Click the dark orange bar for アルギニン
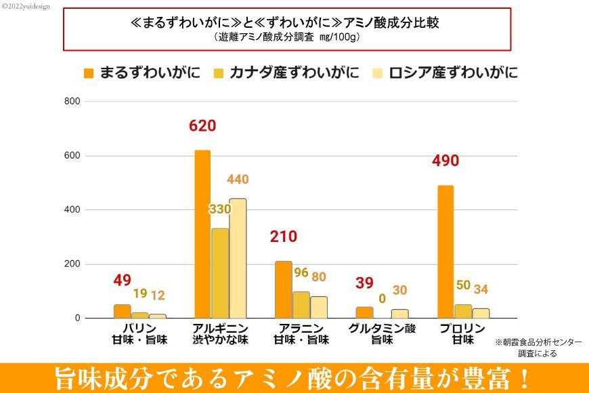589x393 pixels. click(x=202, y=234)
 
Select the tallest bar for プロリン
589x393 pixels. click(x=445, y=251)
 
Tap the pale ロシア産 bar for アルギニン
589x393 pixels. click(x=238, y=258)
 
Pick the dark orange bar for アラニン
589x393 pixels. click(x=283, y=289)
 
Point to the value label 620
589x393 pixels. click(x=202, y=126)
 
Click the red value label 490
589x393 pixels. click(x=445, y=161)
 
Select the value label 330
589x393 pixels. click(x=220, y=209)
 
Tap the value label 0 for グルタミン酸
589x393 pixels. click(x=382, y=298)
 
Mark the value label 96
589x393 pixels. click(x=301, y=273)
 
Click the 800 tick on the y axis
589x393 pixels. click(x=72, y=102)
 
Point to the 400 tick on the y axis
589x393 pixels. click(x=72, y=210)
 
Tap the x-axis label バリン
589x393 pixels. click(x=139, y=329)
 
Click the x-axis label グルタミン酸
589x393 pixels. click(x=382, y=329)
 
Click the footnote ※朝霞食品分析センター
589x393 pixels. click(x=538, y=343)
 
